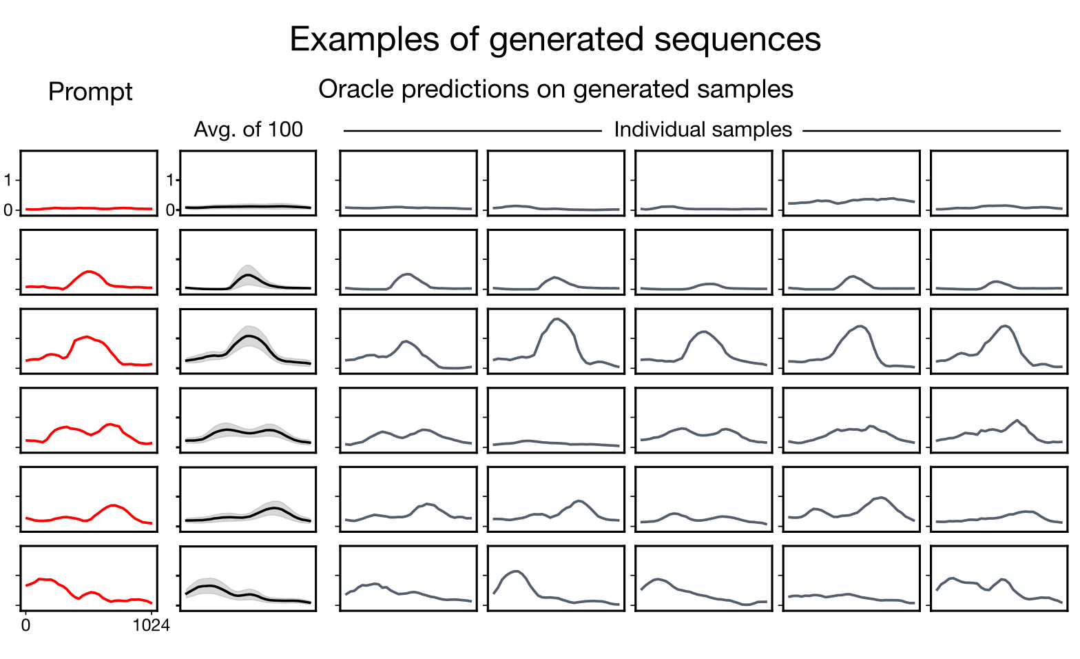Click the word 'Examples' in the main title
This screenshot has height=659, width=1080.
[364, 39]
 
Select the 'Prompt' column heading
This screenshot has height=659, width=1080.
[90, 92]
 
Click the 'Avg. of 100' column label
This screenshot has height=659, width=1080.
[248, 130]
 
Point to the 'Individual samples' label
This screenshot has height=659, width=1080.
[703, 130]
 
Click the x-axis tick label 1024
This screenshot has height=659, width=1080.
[151, 626]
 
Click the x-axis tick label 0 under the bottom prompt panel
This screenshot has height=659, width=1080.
[25, 626]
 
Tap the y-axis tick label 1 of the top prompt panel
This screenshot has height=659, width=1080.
[8, 180]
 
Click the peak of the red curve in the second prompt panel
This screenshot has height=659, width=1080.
[88, 272]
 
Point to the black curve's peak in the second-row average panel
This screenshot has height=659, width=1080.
[248, 275]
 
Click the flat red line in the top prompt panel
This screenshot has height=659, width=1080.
[88, 208]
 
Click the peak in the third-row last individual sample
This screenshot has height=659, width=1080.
[1006, 326]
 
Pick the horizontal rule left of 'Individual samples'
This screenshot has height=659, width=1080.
[473, 130]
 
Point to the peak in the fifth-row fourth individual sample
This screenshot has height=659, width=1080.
[880, 497]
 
